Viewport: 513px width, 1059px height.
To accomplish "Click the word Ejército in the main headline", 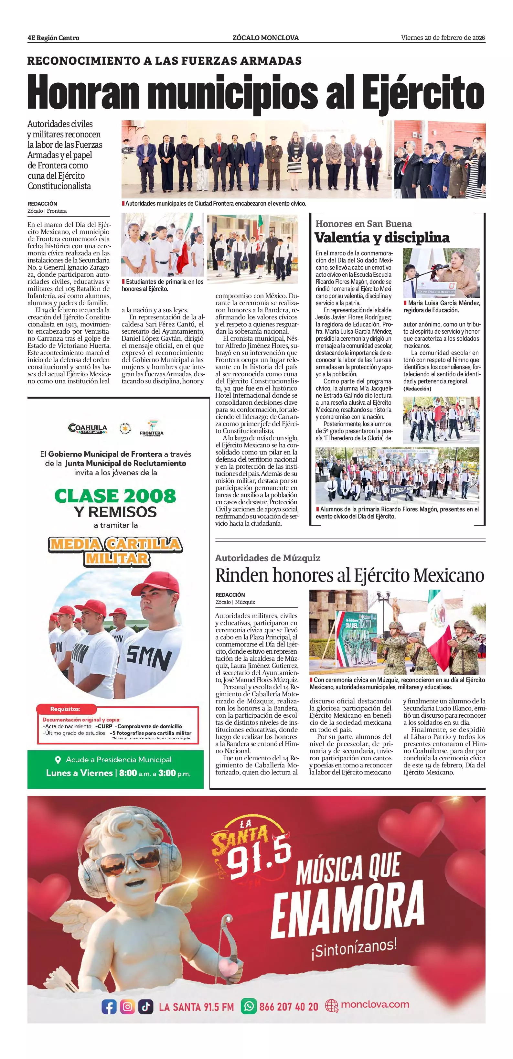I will point(423,93).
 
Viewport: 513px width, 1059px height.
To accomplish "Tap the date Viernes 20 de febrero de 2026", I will point(443,38).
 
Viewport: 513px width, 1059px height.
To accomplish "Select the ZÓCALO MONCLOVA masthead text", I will point(265,38).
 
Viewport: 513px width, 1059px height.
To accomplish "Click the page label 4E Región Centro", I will point(53,38).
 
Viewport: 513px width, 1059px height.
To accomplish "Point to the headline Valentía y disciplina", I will point(381,238).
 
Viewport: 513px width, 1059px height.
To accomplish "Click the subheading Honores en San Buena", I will point(363,224).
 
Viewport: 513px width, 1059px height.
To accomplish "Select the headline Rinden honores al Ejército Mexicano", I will point(349,575).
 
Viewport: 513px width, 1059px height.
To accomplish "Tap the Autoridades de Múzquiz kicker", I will point(267,558).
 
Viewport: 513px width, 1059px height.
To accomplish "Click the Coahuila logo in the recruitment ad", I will point(88,428).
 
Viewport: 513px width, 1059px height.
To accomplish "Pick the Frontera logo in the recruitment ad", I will point(151,428).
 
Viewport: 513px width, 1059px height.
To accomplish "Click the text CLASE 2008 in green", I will point(115,496).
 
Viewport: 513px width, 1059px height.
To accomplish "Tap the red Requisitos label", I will point(65,709).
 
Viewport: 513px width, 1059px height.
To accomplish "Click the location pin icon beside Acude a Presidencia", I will point(58,760).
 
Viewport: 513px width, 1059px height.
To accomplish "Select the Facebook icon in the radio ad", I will point(109,1007).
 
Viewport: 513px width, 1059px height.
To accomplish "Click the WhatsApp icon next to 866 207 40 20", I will point(248,1006).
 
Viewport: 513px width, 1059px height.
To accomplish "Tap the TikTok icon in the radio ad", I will point(145,1007).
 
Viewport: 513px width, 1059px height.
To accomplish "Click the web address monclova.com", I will point(374,1004).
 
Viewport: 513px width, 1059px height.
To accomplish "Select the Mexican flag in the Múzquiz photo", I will point(438,625).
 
